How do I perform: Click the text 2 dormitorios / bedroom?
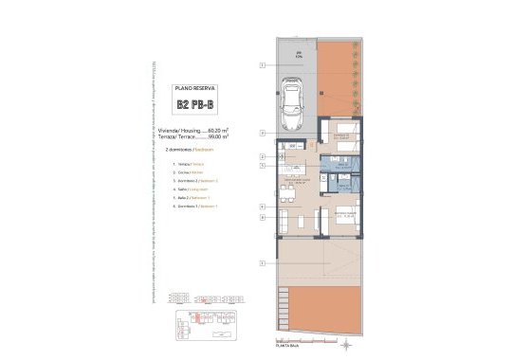coord(190,150)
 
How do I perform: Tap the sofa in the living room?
coord(285,224)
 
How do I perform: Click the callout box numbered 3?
coord(261,165)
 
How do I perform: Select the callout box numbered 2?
coord(261,155)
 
